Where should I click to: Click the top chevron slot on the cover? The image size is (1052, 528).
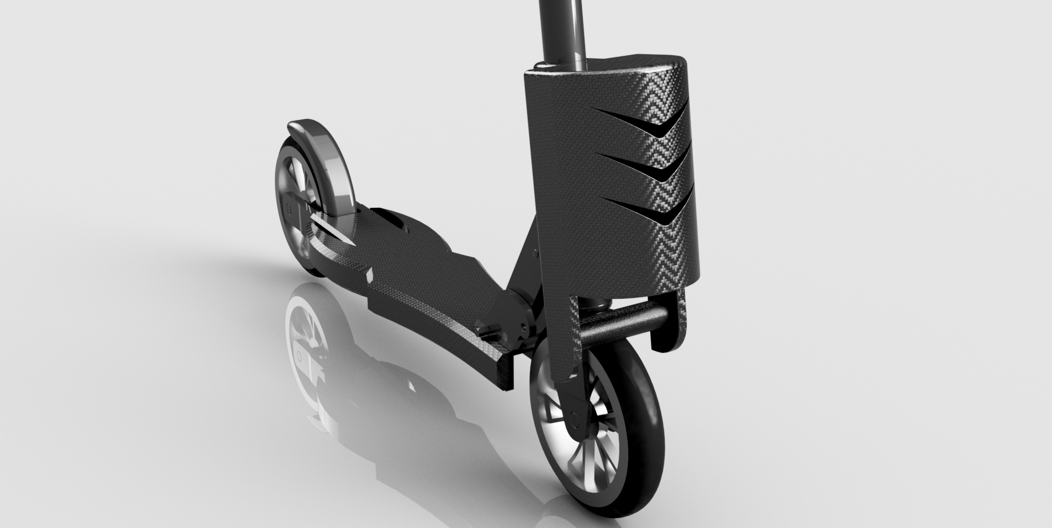click(658, 124)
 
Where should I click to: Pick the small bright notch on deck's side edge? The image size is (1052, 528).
click(369, 274)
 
